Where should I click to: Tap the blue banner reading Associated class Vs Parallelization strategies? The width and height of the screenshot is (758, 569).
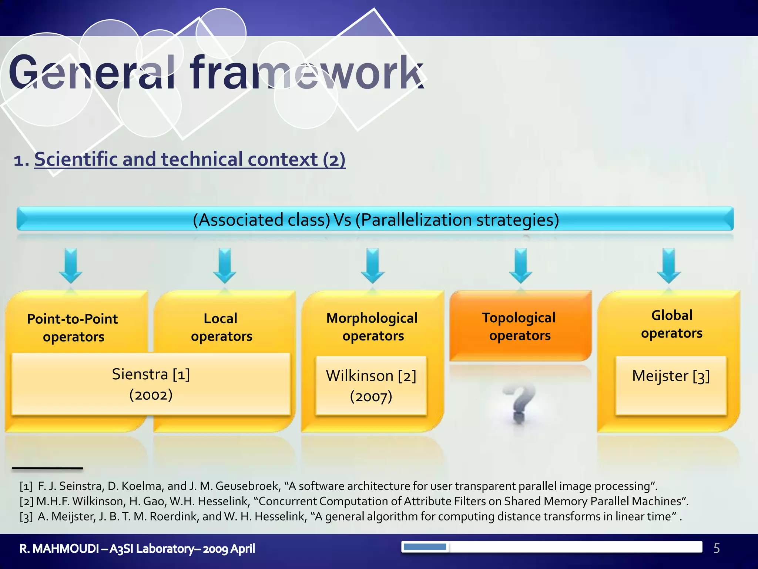click(x=375, y=219)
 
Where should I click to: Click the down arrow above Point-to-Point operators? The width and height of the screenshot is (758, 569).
click(x=71, y=266)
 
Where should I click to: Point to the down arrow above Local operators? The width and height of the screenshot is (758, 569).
click(x=224, y=266)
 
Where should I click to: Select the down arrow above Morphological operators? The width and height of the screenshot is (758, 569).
click(x=372, y=266)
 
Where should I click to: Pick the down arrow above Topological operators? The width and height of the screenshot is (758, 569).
click(x=520, y=266)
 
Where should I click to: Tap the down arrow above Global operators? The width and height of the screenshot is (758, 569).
click(x=668, y=266)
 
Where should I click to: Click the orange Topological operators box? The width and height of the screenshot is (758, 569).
click(x=520, y=326)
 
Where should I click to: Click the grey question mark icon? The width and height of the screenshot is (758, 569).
click(x=519, y=404)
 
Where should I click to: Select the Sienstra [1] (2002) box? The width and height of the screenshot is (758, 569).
click(x=151, y=384)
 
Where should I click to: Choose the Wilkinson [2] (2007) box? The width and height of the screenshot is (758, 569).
click(x=371, y=386)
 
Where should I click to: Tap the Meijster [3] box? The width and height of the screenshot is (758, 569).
click(x=671, y=385)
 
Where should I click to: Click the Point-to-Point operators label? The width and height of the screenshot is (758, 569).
click(x=73, y=327)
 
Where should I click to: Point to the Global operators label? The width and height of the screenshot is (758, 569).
click(x=671, y=324)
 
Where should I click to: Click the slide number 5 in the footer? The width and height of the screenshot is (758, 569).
click(x=717, y=548)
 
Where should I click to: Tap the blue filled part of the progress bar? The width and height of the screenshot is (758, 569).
click(x=425, y=547)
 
